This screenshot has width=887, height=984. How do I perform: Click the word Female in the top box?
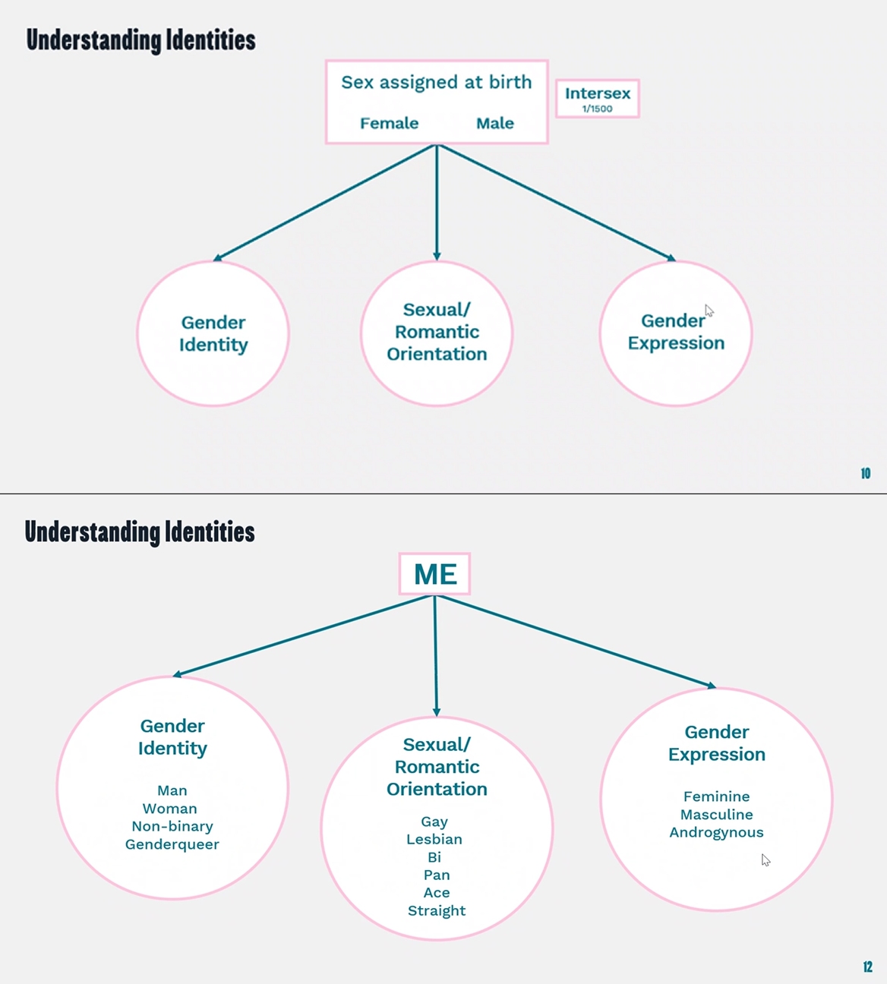(390, 123)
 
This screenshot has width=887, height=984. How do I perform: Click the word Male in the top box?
(495, 123)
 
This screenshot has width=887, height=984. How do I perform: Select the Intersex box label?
(598, 93)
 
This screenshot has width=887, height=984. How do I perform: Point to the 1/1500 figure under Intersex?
(598, 109)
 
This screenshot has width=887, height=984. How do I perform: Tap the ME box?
(435, 573)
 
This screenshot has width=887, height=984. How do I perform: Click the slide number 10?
(866, 473)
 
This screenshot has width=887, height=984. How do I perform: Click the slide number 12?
(867, 967)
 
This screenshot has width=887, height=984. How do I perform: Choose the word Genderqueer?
(172, 845)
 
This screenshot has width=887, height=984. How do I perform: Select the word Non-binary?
(172, 827)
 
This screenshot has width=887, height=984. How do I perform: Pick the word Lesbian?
(434, 839)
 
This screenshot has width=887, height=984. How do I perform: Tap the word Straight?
(437, 911)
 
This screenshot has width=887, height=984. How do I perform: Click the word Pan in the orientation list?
(437, 875)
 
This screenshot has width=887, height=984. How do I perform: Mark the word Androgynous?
(717, 833)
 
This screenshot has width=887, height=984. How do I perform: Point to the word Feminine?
(717, 796)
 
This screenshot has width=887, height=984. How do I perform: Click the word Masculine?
(717, 815)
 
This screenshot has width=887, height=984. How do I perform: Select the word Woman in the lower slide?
(170, 809)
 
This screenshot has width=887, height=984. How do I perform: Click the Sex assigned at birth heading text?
(437, 83)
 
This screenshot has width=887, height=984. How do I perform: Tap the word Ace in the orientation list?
(437, 893)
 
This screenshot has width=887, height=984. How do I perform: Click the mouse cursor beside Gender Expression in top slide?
(709, 311)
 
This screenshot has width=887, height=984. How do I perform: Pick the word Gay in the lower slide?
(434, 822)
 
